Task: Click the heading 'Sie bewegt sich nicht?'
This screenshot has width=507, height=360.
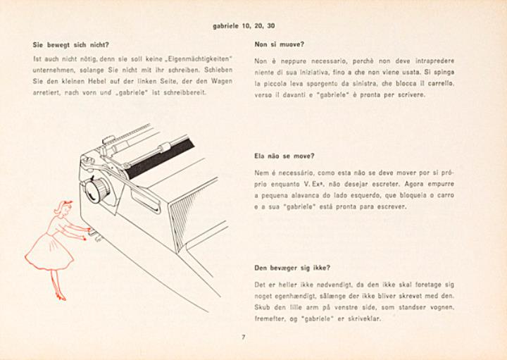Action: point(71,44)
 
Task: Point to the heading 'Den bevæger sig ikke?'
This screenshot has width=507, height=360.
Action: point(292,267)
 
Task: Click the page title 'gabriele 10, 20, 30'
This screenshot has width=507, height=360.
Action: point(244,26)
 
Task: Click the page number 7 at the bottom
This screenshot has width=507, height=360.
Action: point(243,337)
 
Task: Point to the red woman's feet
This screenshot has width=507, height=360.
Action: point(59,296)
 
